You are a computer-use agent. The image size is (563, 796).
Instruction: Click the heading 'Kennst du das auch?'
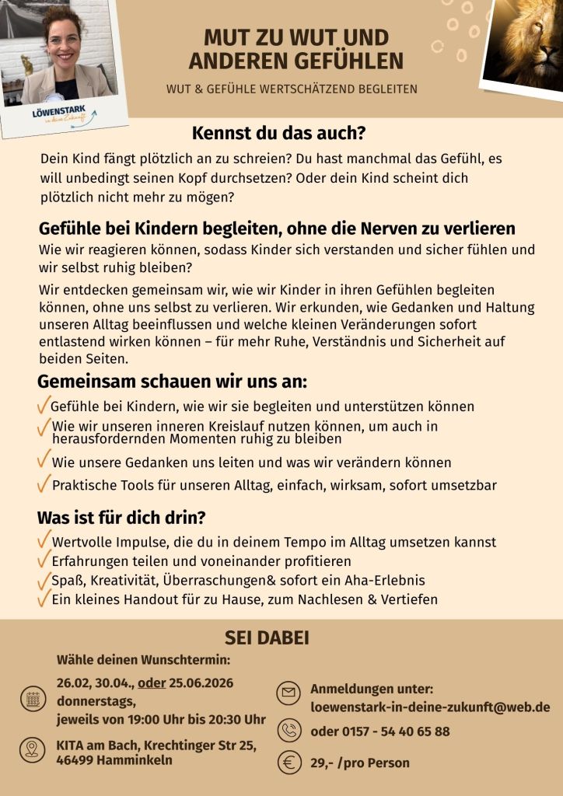coord(278,133)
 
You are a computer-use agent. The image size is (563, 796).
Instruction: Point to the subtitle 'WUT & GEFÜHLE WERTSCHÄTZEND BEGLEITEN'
coord(292,89)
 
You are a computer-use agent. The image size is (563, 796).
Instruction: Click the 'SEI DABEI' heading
coord(267,638)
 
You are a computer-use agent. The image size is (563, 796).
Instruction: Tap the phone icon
coord(289,731)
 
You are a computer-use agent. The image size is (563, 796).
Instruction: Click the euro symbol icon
coord(289,763)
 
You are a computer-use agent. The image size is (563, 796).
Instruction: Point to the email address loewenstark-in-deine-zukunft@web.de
coord(430,707)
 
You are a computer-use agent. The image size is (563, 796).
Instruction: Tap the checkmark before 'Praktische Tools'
coord(44,484)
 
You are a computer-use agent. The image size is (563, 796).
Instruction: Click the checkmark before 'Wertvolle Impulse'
coord(44,540)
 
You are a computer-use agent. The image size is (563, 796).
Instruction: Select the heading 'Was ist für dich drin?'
coord(121,518)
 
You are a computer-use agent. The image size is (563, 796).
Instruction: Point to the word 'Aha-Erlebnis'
coord(384,581)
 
